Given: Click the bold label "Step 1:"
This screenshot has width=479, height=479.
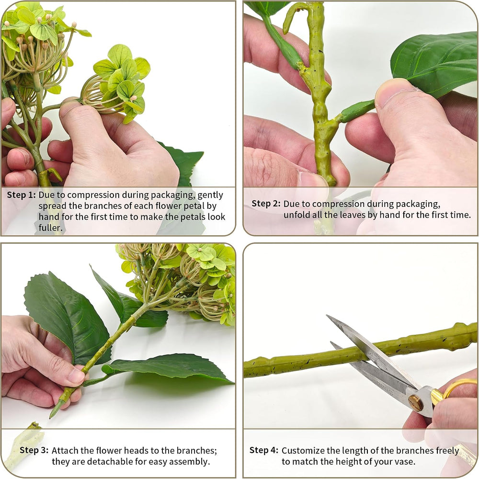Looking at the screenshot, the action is pyautogui.click(x=22, y=195).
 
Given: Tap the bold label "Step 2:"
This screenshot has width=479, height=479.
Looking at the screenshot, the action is pyautogui.click(x=266, y=204).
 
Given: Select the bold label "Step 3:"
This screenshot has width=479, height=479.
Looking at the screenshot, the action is pyautogui.click(x=34, y=450).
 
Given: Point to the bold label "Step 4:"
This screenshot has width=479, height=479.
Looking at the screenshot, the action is pyautogui.click(x=264, y=450).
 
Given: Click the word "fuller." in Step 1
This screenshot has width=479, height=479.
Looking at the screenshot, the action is pyautogui.click(x=50, y=228).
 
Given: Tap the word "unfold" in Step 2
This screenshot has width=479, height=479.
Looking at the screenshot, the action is pyautogui.click(x=296, y=215).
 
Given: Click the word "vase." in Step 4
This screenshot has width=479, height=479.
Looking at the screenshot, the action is pyautogui.click(x=405, y=461).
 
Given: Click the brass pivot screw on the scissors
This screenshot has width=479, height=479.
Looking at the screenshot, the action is pyautogui.click(x=416, y=403).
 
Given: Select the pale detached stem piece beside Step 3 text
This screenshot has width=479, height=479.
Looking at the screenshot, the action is pyautogui.click(x=24, y=443).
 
